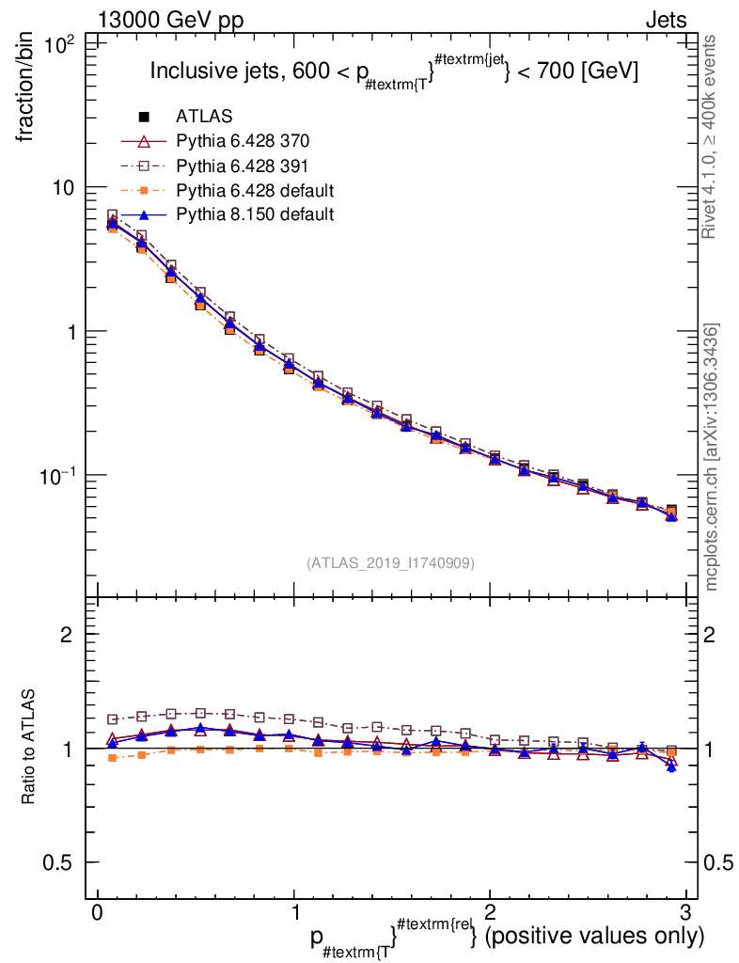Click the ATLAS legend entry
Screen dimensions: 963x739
(203, 117)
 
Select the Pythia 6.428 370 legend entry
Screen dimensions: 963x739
(242, 141)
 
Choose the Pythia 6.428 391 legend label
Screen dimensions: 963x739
(242, 166)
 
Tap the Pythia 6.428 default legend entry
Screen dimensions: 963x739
(254, 190)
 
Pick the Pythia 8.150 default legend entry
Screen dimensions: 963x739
(254, 214)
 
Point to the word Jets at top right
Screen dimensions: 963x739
(665, 20)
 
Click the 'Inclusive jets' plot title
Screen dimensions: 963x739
(395, 71)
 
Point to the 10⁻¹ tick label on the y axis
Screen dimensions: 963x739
(61, 476)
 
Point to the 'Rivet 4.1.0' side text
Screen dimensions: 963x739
(712, 136)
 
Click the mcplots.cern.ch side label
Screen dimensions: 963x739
(712, 457)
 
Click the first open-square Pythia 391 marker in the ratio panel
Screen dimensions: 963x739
(112, 719)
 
